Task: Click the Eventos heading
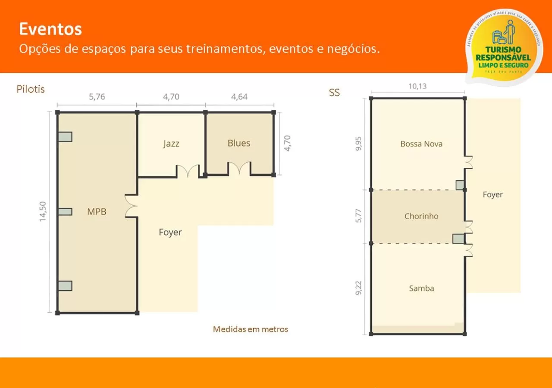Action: [x=50, y=29]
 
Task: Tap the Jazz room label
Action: [x=171, y=144]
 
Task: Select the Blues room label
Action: [x=239, y=143]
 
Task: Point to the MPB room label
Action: [x=97, y=212]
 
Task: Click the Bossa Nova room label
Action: [x=421, y=144]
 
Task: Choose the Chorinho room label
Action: [x=421, y=216]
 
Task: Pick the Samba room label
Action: [x=421, y=288]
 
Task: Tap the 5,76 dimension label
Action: [x=97, y=97]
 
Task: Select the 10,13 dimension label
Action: [x=417, y=86]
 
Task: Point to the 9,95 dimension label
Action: [x=358, y=144]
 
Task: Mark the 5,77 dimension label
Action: [x=358, y=216]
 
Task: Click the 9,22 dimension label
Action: [x=358, y=288]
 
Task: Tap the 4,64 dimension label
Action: [x=239, y=97]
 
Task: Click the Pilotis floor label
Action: [x=31, y=89]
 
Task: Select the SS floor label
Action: [x=334, y=93]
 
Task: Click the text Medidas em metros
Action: [x=251, y=329]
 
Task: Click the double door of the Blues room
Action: [x=239, y=169]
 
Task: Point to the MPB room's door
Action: [x=131, y=206]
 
